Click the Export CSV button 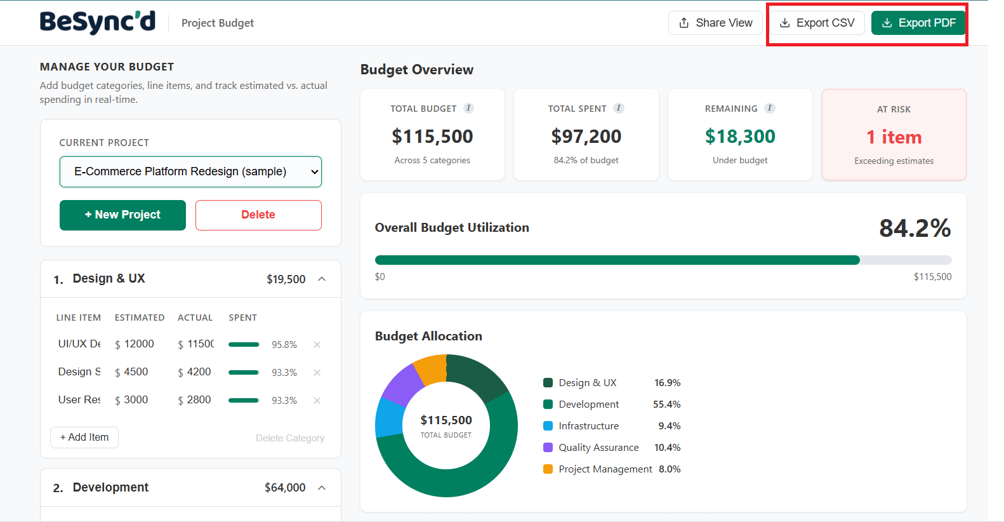(817, 23)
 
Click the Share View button (715, 23)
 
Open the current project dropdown (190, 171)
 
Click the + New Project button (122, 215)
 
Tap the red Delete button (258, 215)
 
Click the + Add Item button (84, 437)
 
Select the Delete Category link (290, 438)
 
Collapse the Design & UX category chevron (322, 279)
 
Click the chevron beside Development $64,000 (322, 488)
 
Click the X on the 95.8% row (317, 345)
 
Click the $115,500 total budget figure (432, 137)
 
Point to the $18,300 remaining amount (740, 137)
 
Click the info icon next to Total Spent (619, 108)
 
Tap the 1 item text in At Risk (894, 137)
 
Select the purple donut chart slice (402, 385)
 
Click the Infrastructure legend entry (588, 426)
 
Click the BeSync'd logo (98, 22)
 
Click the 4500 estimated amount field (136, 372)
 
